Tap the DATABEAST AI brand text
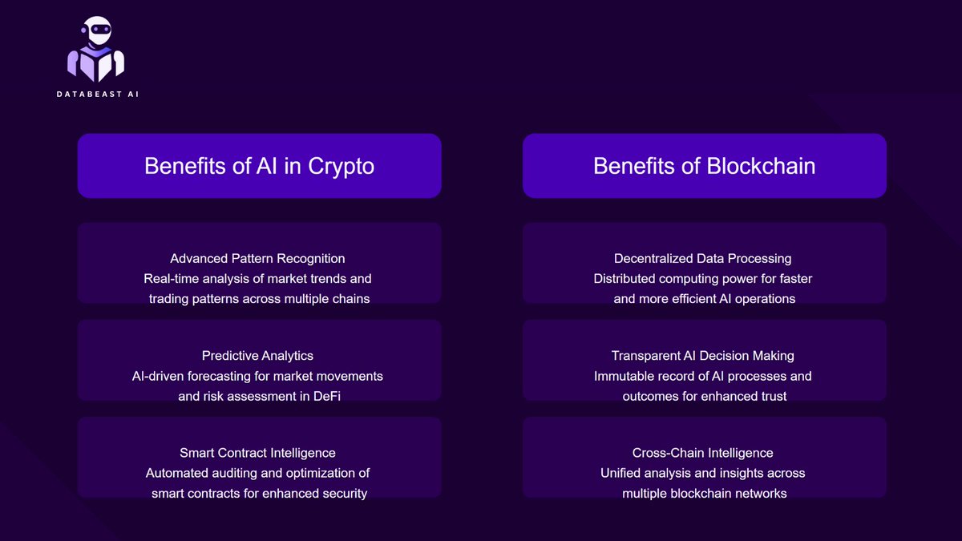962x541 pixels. [97, 95]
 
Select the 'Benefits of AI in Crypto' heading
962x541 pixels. [259, 166]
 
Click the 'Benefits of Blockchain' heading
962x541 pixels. [704, 166]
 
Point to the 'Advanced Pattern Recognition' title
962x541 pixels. [257, 259]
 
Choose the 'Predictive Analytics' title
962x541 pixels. [257, 356]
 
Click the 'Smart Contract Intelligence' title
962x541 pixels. [257, 454]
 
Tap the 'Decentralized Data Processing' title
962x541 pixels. [702, 259]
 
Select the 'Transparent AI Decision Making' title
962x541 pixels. [702, 356]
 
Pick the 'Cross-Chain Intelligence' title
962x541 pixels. [702, 454]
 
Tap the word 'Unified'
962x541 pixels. [622, 474]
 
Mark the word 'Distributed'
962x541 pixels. [624, 279]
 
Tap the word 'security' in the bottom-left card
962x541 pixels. [342, 494]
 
